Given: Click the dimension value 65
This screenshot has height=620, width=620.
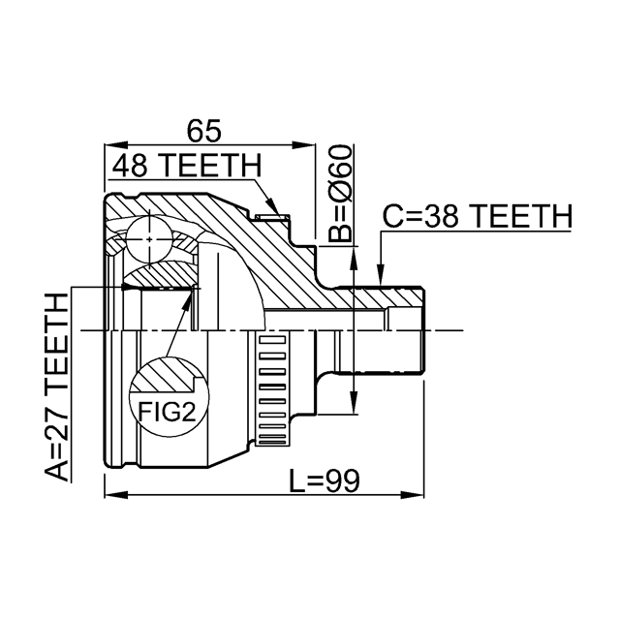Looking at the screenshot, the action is pyautogui.click(x=204, y=131).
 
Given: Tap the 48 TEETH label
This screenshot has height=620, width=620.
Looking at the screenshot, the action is pyautogui.click(x=187, y=166).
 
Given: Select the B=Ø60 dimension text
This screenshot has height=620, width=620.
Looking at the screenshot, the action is pyautogui.click(x=340, y=194).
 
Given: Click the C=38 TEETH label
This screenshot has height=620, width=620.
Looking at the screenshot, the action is pyautogui.click(x=478, y=216).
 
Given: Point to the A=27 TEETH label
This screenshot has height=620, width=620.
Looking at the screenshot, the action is pyautogui.click(x=56, y=387).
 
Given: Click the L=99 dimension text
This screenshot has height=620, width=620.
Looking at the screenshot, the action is pyautogui.click(x=325, y=481).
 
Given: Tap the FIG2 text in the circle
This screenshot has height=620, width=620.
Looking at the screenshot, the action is pyautogui.click(x=167, y=412).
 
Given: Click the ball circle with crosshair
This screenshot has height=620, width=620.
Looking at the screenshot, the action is pyautogui.click(x=149, y=239).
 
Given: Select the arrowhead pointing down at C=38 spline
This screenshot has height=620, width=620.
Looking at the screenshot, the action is pyautogui.click(x=380, y=274).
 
